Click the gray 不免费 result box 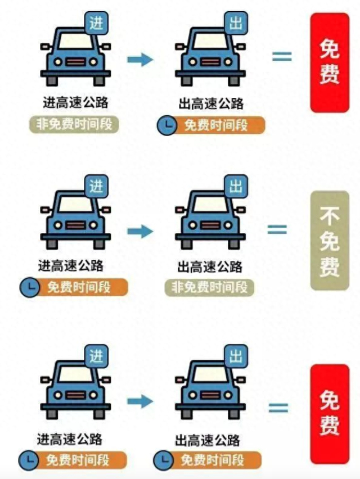coord(330,241)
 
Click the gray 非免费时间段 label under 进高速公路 coord(74,125)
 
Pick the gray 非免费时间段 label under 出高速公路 coord(209,287)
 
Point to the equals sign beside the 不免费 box coord(277,229)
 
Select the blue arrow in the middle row coord(140,231)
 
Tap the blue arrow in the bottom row coord(140,401)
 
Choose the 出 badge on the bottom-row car coord(236,356)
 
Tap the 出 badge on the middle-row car coord(236,186)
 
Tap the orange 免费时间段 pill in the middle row coord(79,288)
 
